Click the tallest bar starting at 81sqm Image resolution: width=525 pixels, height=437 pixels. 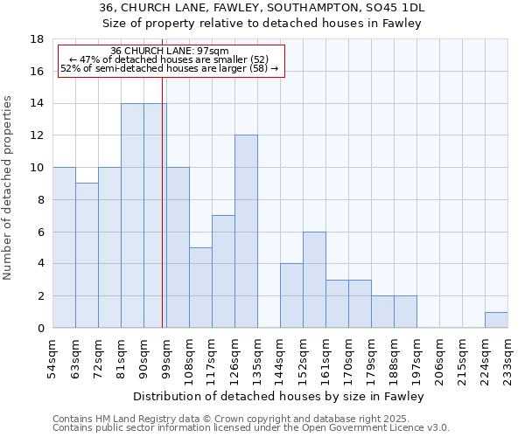click(x=132, y=215)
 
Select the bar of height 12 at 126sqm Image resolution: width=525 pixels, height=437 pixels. click(x=246, y=232)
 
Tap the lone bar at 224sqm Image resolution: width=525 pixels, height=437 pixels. click(x=496, y=320)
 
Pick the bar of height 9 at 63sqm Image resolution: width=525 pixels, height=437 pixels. click(x=87, y=255)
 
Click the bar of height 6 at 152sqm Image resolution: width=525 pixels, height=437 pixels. click(x=314, y=280)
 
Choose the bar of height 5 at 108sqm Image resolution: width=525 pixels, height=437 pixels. click(x=200, y=288)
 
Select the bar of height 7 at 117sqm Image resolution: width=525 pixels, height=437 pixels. click(x=223, y=271)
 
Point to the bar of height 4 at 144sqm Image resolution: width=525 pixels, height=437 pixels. click(x=291, y=295)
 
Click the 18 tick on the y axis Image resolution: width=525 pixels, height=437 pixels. click(x=38, y=39)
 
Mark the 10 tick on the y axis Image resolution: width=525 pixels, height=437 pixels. click(x=38, y=168)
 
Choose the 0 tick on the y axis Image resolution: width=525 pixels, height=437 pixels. click(x=40, y=328)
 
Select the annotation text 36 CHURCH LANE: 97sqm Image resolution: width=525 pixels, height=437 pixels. click(x=170, y=51)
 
